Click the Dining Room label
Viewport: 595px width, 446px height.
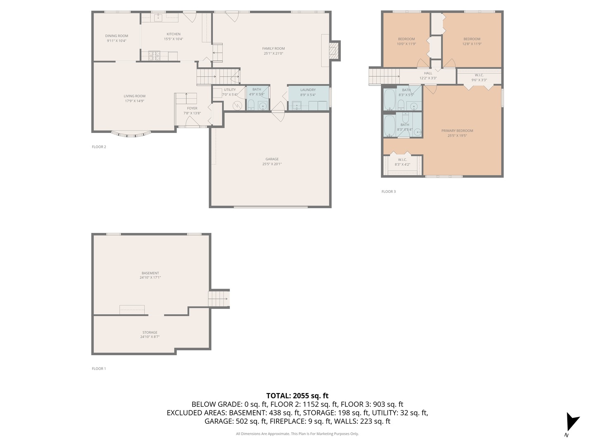click(117, 36)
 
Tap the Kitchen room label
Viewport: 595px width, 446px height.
click(173, 34)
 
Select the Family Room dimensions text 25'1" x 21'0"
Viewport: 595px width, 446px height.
click(273, 53)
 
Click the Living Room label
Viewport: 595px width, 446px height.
click(134, 96)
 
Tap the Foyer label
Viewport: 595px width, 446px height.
click(192, 109)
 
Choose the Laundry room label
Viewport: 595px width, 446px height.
click(308, 90)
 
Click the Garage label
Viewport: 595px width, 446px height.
click(272, 159)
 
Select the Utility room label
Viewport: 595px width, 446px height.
click(230, 90)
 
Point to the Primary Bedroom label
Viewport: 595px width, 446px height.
click(457, 131)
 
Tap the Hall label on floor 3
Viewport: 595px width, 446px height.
click(428, 74)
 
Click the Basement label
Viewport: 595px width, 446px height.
click(150, 273)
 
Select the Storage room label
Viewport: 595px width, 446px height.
click(150, 332)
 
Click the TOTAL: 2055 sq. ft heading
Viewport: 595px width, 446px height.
click(297, 396)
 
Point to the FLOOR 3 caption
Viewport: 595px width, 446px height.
click(388, 192)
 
